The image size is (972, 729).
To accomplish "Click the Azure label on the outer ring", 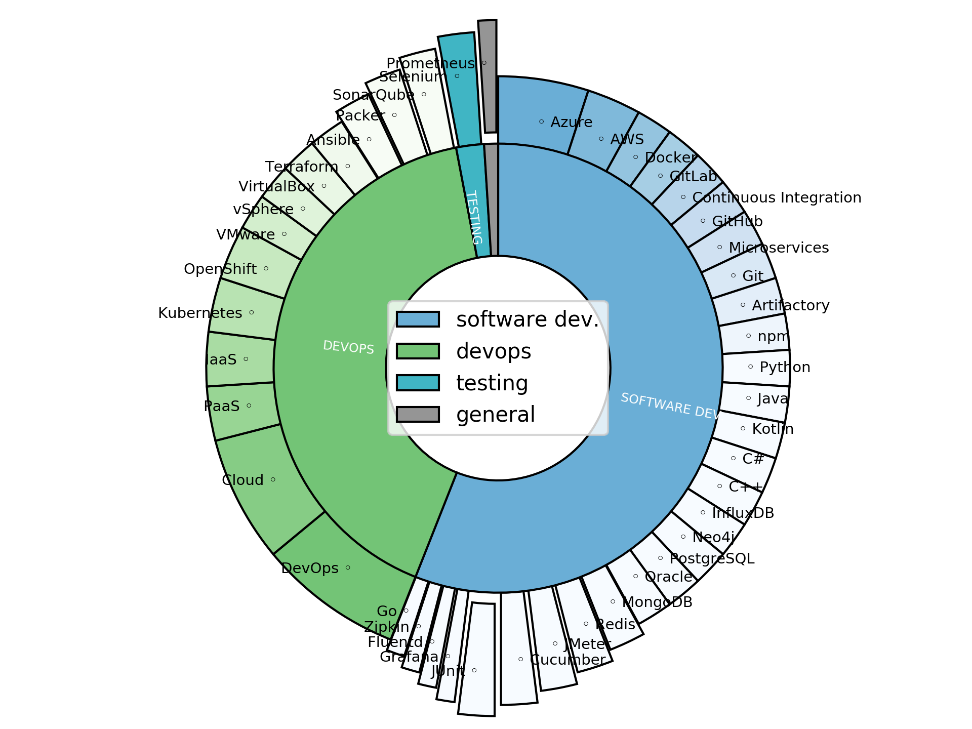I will tap(571, 123).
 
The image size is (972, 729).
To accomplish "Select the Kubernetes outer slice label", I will tap(200, 313).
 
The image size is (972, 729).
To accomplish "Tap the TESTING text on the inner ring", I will tap(473, 217).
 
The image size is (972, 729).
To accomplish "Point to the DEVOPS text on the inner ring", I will tap(348, 347).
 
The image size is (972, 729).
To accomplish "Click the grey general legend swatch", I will tap(418, 414).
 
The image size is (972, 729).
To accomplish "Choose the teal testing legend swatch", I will tap(418, 383).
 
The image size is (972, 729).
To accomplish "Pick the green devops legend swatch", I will tap(418, 351).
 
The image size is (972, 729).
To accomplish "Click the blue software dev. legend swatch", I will tap(418, 319).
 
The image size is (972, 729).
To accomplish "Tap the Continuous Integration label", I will tap(776, 198).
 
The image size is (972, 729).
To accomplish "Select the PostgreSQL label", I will tap(712, 559).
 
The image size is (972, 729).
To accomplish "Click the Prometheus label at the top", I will tap(430, 64).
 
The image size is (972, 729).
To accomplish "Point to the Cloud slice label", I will tap(242, 480).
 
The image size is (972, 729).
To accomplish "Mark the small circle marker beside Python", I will tap(750, 367).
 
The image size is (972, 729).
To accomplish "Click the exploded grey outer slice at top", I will tap(488, 76).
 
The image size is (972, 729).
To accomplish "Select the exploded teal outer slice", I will tap(460, 91).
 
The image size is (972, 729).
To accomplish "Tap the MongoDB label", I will tap(657, 602).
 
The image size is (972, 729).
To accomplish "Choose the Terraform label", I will tap(301, 167).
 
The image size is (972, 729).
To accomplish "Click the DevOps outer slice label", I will tap(309, 569).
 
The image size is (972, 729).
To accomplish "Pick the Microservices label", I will tap(778, 248).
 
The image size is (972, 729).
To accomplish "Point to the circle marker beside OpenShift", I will tap(266, 269).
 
